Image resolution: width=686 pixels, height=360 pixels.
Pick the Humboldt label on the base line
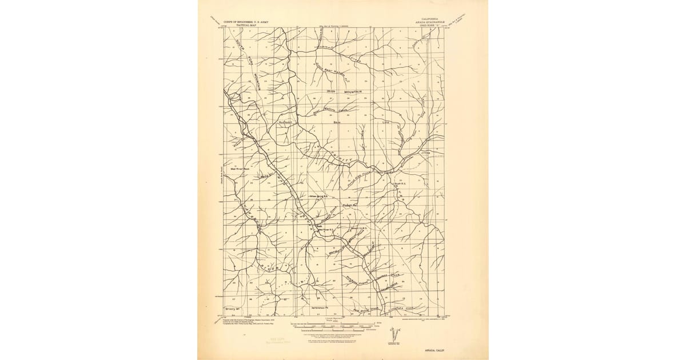pos(285,122)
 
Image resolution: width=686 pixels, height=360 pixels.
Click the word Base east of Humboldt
pos(337,122)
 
